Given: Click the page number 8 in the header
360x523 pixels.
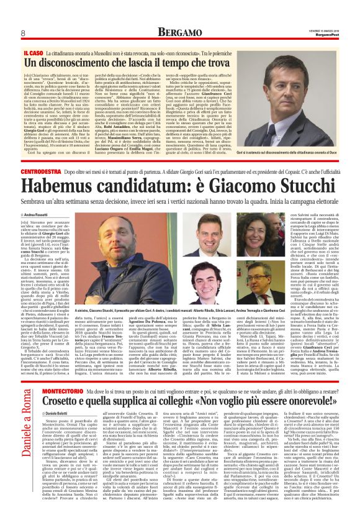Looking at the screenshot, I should [23, 32].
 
